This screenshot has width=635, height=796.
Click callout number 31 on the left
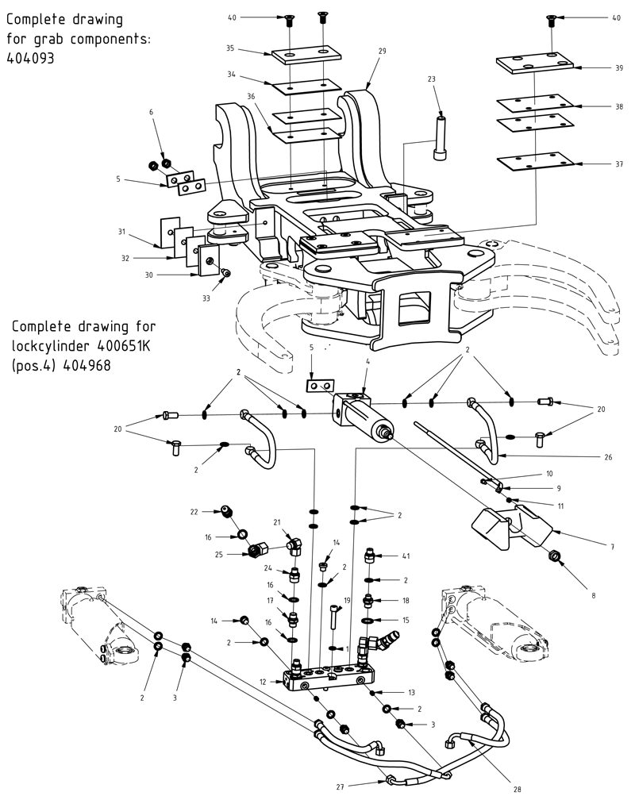121,232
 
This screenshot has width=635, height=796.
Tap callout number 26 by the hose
607,456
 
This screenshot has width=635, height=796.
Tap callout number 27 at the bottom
339,786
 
